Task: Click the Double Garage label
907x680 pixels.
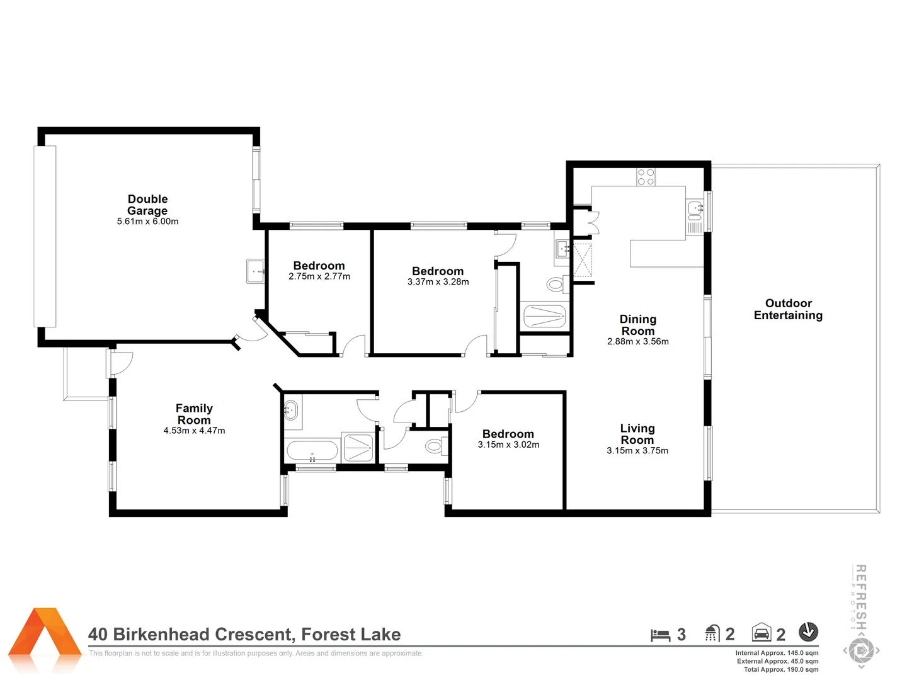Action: pyautogui.click(x=147, y=205)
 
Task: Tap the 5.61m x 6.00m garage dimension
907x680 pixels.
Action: pyautogui.click(x=147, y=222)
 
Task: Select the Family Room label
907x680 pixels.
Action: pyautogui.click(x=194, y=414)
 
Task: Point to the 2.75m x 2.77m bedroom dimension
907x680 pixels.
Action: pyautogui.click(x=319, y=276)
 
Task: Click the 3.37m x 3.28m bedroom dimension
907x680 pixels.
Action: pyautogui.click(x=438, y=282)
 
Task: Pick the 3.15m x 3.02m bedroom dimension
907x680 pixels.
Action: pyautogui.click(x=508, y=445)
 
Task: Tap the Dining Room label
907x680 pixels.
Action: pyautogui.click(x=637, y=325)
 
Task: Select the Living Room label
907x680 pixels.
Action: pyautogui.click(x=637, y=434)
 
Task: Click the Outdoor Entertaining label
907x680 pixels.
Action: pyautogui.click(x=788, y=309)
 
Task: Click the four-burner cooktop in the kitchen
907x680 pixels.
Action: pyautogui.click(x=646, y=177)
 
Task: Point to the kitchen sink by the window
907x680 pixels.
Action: pyautogui.click(x=695, y=207)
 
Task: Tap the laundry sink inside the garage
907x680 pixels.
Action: pyautogui.click(x=255, y=271)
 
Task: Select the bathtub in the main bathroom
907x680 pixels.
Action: pyautogui.click(x=312, y=451)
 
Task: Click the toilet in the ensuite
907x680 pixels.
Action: pyautogui.click(x=555, y=285)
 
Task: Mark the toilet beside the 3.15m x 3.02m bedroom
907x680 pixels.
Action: pyautogui.click(x=434, y=446)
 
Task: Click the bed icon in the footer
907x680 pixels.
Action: pyautogui.click(x=660, y=635)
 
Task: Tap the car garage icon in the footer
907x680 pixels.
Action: pyautogui.click(x=762, y=633)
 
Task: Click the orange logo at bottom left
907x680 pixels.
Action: pyautogui.click(x=45, y=638)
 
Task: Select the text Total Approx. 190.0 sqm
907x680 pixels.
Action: pyautogui.click(x=780, y=669)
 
